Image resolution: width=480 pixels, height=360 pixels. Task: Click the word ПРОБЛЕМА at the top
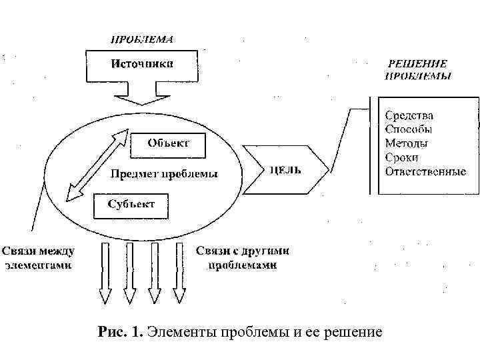click(142, 39)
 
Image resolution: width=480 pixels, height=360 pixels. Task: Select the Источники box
click(142, 64)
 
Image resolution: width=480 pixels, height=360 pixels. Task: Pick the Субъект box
click(131, 204)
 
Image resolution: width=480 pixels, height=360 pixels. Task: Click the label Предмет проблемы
click(163, 175)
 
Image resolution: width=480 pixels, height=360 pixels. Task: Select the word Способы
click(409, 129)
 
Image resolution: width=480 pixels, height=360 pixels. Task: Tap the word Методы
click(407, 143)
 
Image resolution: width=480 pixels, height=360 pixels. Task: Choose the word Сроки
click(402, 157)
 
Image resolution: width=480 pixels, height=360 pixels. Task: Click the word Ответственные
click(425, 171)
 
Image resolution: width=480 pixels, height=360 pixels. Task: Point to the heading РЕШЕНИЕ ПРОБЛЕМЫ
click(419, 69)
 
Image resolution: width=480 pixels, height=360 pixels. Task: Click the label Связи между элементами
click(37, 258)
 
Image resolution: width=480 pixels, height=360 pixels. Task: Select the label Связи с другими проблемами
click(243, 258)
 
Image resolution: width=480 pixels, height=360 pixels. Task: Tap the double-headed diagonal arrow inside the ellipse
click(97, 164)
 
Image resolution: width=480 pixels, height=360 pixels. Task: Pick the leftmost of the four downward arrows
click(105, 273)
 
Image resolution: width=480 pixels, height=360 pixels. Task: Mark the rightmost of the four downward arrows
click(179, 273)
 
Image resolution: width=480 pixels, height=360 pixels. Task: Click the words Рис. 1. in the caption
click(120, 332)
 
